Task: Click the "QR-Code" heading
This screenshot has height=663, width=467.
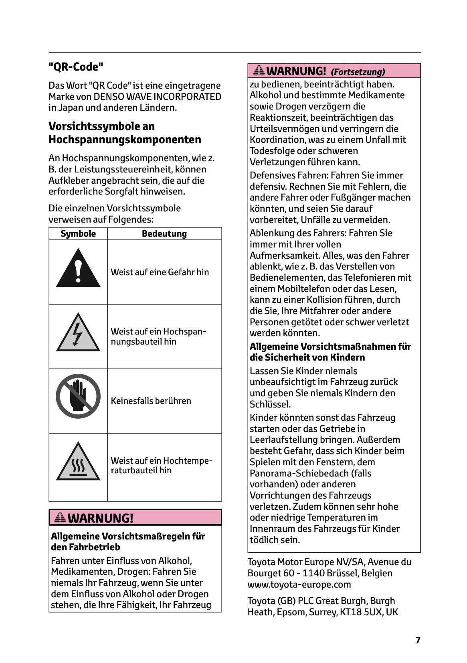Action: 76,67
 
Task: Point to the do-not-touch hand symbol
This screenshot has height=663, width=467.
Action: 78,396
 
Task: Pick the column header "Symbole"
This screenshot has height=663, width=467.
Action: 78,234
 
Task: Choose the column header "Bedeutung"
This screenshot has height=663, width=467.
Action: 164,234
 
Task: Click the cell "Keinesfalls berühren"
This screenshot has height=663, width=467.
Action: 151,401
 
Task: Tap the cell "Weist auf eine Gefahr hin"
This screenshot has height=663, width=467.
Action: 160,272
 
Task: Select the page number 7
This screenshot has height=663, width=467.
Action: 418,640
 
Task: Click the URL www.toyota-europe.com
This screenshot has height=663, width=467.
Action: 299,584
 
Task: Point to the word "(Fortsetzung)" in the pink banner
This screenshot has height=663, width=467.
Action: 358,72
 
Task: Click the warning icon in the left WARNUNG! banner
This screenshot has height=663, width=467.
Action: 60,517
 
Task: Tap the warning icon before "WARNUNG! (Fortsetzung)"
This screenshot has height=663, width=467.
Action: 259,71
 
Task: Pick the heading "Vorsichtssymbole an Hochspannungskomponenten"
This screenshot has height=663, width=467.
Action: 125,133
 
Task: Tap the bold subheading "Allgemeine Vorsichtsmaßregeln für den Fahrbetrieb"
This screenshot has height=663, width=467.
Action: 128,541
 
